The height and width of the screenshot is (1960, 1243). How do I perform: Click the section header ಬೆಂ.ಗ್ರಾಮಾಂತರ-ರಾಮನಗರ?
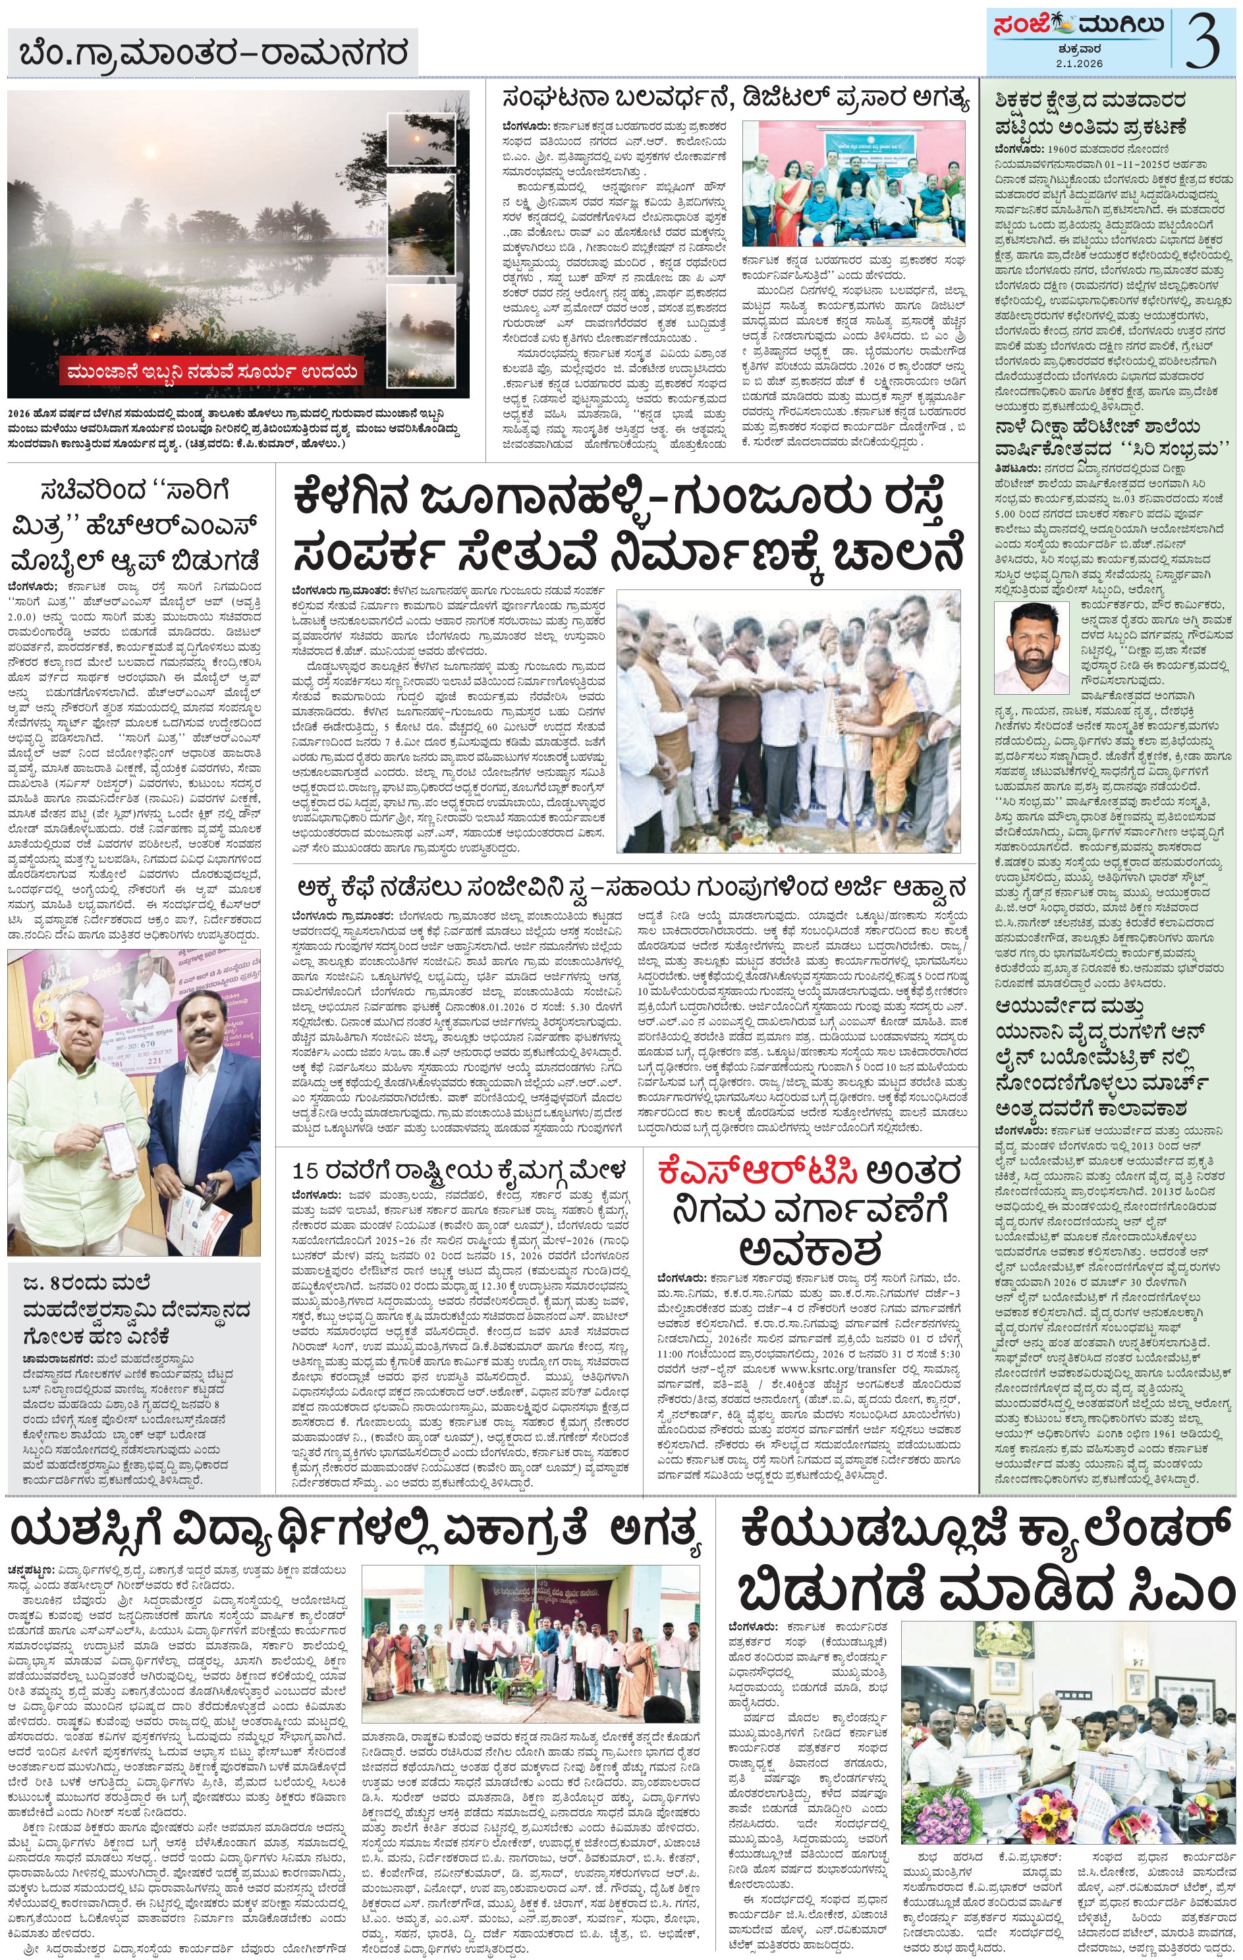(213, 56)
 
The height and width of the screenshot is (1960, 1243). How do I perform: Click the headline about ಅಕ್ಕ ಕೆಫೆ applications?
(631, 886)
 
